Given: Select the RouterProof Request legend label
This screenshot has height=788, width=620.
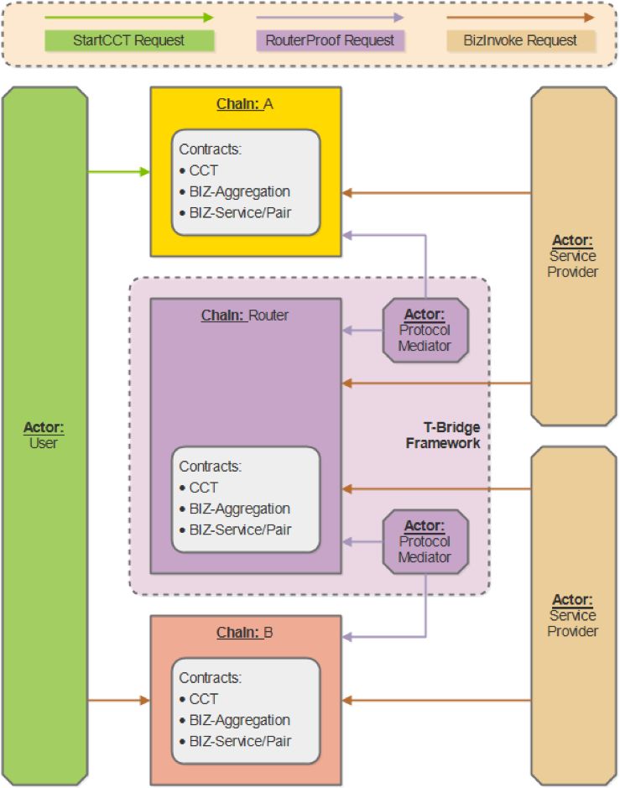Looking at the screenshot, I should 330,40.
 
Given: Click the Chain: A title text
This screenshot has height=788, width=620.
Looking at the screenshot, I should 245,104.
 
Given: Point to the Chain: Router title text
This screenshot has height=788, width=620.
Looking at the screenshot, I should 245,316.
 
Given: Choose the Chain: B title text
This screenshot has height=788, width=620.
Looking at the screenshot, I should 245,632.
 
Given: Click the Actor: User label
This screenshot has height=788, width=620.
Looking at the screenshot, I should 44,436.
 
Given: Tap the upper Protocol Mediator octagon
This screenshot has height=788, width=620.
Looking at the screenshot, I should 425,330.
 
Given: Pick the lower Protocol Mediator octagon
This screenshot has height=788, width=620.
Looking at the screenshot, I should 425,541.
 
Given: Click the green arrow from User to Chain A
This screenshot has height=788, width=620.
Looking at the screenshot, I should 118,172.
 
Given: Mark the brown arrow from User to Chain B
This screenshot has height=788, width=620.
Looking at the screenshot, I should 118,699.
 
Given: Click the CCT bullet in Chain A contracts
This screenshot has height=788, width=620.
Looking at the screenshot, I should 203,170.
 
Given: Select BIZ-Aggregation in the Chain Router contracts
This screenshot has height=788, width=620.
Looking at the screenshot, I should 239,509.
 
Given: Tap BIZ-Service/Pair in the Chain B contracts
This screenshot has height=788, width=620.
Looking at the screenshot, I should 240,741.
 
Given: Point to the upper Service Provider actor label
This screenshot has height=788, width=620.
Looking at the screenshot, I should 573,256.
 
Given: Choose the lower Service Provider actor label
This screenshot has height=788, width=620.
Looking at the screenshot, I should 573,615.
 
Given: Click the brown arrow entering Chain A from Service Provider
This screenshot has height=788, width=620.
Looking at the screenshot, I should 436,193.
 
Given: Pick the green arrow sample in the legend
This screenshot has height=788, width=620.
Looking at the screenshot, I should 129,17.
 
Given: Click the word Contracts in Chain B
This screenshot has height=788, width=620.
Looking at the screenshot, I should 210,677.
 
